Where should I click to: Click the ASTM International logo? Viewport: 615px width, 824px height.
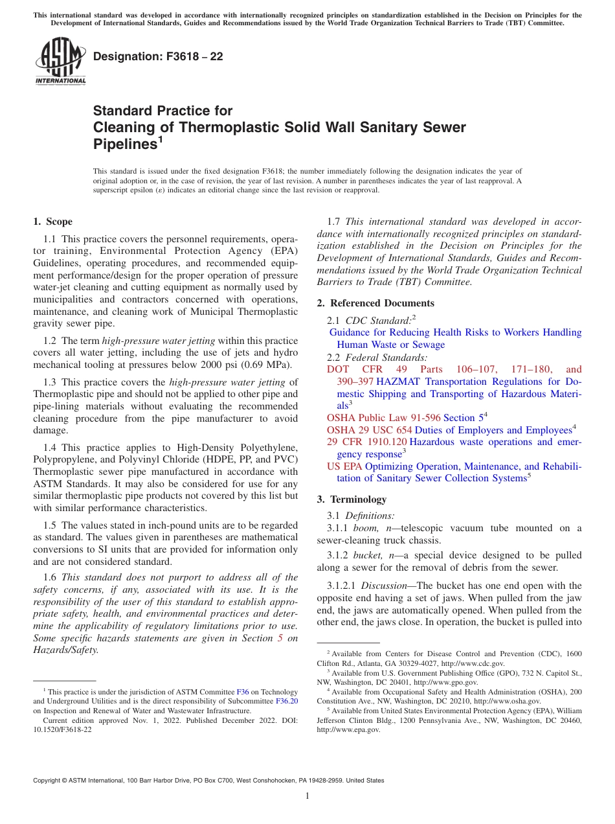point(60,61)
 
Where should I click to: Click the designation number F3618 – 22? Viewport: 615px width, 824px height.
point(158,56)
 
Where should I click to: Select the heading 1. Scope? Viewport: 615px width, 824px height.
point(52,222)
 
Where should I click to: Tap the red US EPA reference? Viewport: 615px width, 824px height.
point(344,466)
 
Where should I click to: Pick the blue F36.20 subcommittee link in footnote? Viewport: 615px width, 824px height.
point(287,701)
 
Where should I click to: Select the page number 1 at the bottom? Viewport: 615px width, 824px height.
point(307,796)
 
